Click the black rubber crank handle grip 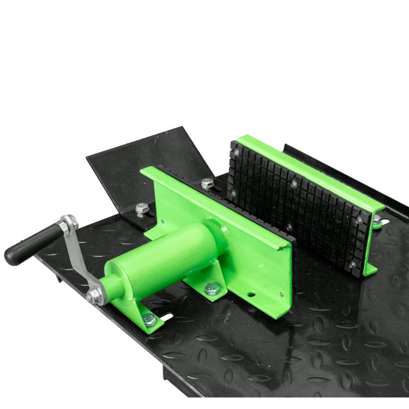tap(31, 243)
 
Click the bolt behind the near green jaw tap(207, 184)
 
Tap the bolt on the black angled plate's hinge tap(142, 208)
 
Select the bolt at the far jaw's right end tap(377, 219)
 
